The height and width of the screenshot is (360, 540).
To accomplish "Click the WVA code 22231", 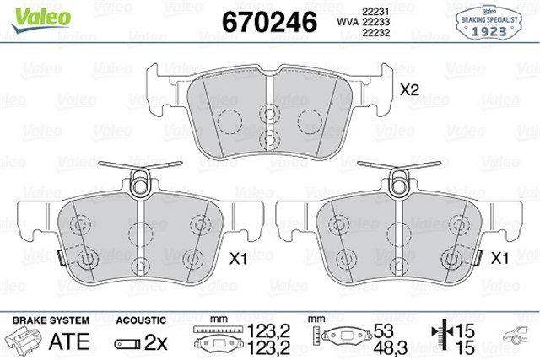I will click(374, 10).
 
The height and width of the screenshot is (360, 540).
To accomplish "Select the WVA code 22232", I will click(374, 34).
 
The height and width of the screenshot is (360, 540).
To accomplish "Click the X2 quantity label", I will click(410, 89).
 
